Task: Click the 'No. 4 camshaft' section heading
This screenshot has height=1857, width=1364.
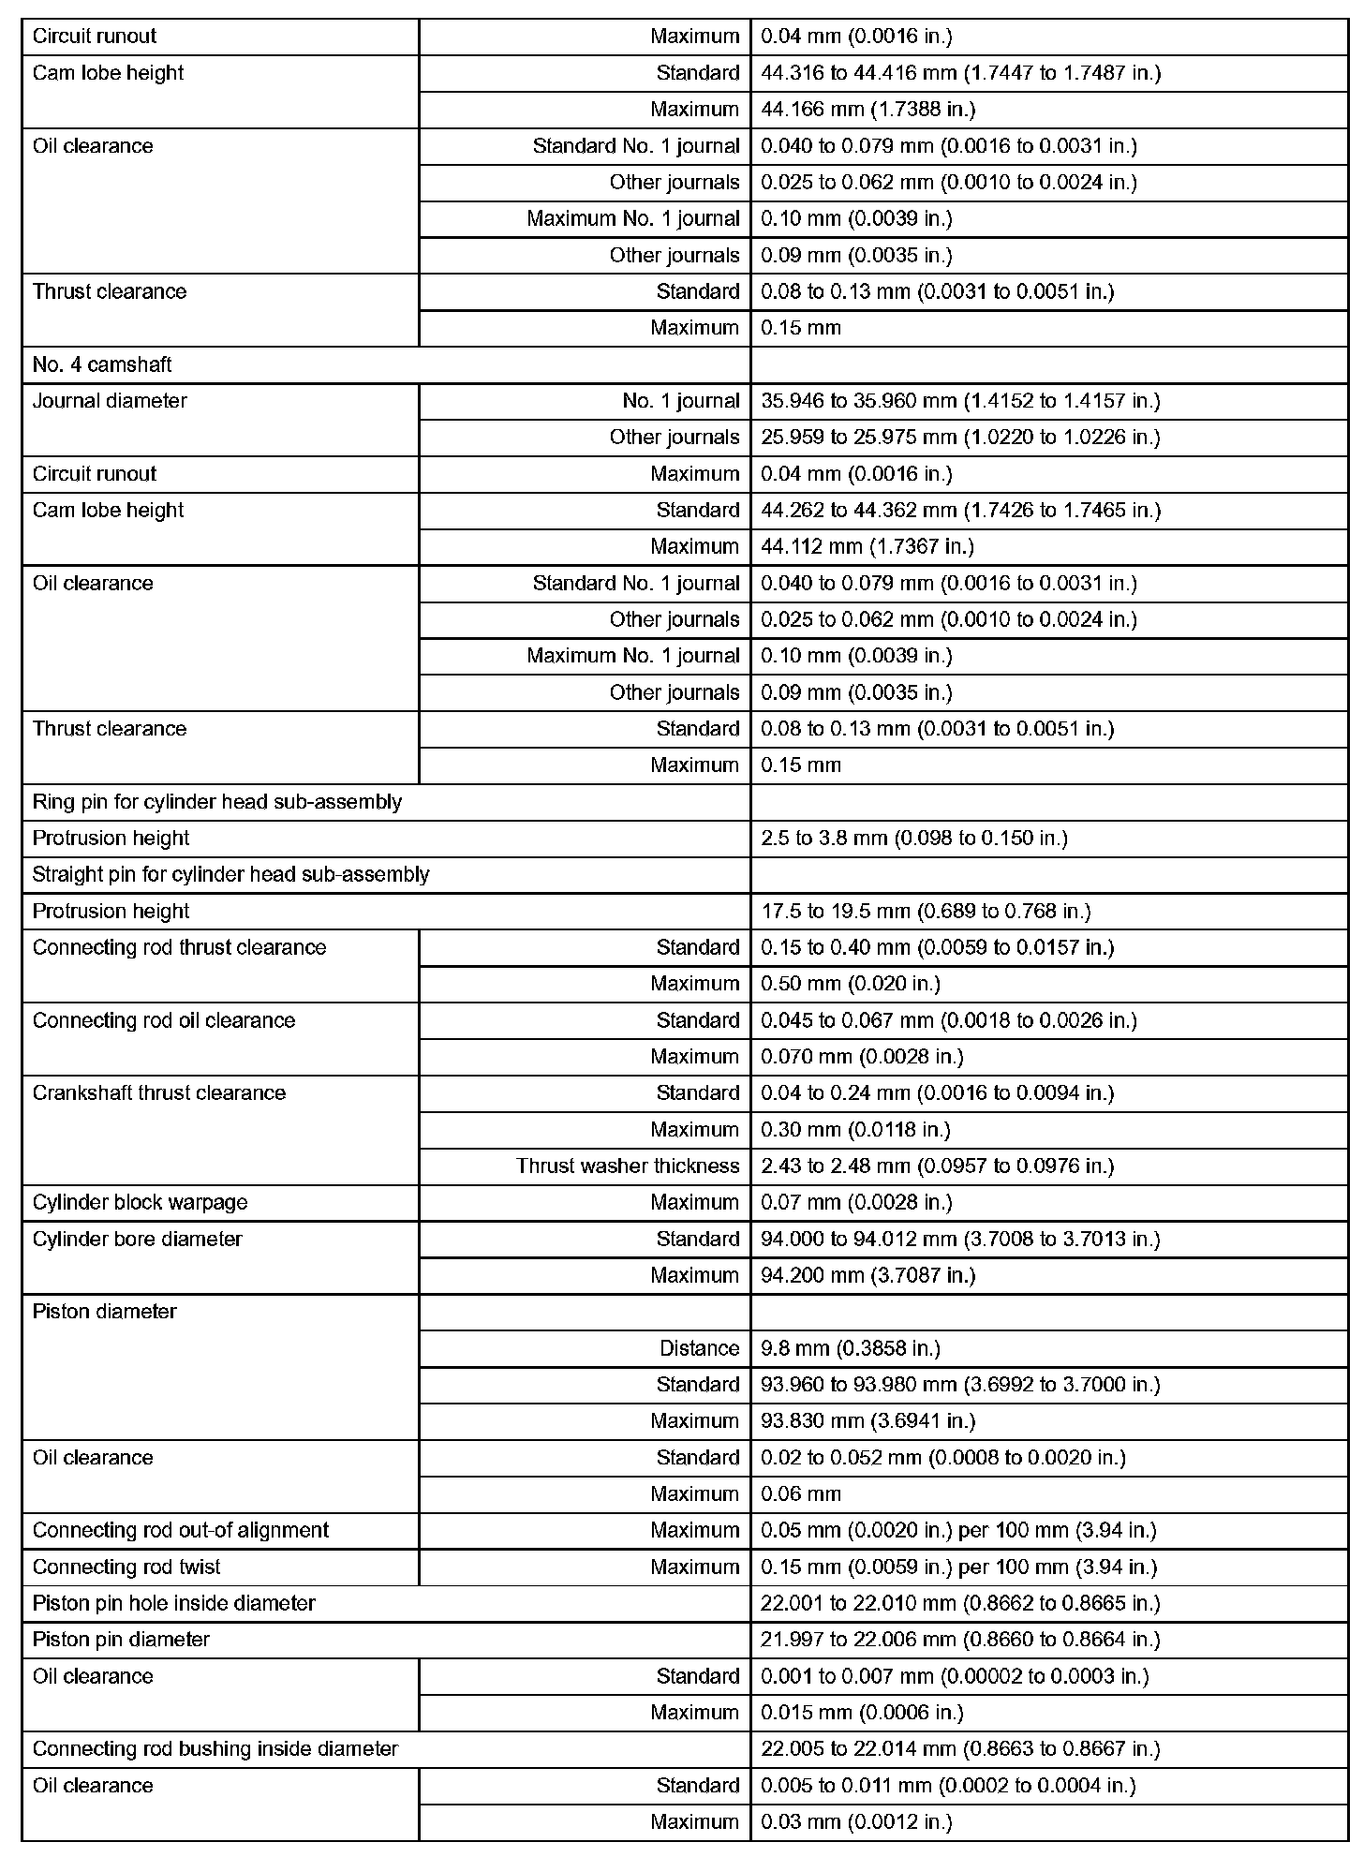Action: click(x=102, y=364)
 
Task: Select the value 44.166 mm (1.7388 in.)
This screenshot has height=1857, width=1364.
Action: click(x=867, y=110)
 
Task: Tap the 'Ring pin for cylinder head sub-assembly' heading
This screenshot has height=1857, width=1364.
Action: click(x=216, y=802)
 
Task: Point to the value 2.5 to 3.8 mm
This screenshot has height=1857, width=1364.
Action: click(x=913, y=839)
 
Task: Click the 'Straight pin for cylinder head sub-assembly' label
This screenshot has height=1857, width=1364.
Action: click(x=230, y=875)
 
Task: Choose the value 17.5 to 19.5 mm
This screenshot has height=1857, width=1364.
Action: click(x=925, y=912)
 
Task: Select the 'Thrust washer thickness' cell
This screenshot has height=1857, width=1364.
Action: click(x=627, y=1166)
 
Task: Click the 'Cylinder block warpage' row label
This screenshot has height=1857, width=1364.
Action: click(x=140, y=1203)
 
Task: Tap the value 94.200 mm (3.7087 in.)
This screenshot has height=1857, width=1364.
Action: click(x=867, y=1276)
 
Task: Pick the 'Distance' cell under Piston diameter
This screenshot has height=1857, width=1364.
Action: click(x=699, y=1348)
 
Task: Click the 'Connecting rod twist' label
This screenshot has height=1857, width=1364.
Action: click(x=126, y=1567)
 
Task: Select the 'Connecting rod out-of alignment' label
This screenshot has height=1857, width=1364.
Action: click(x=180, y=1531)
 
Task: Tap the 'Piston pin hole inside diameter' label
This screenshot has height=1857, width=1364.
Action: click(x=173, y=1604)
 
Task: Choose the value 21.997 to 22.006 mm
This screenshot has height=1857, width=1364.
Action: click(x=959, y=1641)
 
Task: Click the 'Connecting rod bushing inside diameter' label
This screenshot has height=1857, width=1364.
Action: click(x=215, y=1749)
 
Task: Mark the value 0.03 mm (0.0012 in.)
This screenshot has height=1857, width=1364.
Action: click(x=856, y=1822)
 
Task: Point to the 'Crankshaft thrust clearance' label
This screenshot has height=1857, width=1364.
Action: click(x=158, y=1093)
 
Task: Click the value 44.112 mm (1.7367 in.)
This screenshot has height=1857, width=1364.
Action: click(x=867, y=547)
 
